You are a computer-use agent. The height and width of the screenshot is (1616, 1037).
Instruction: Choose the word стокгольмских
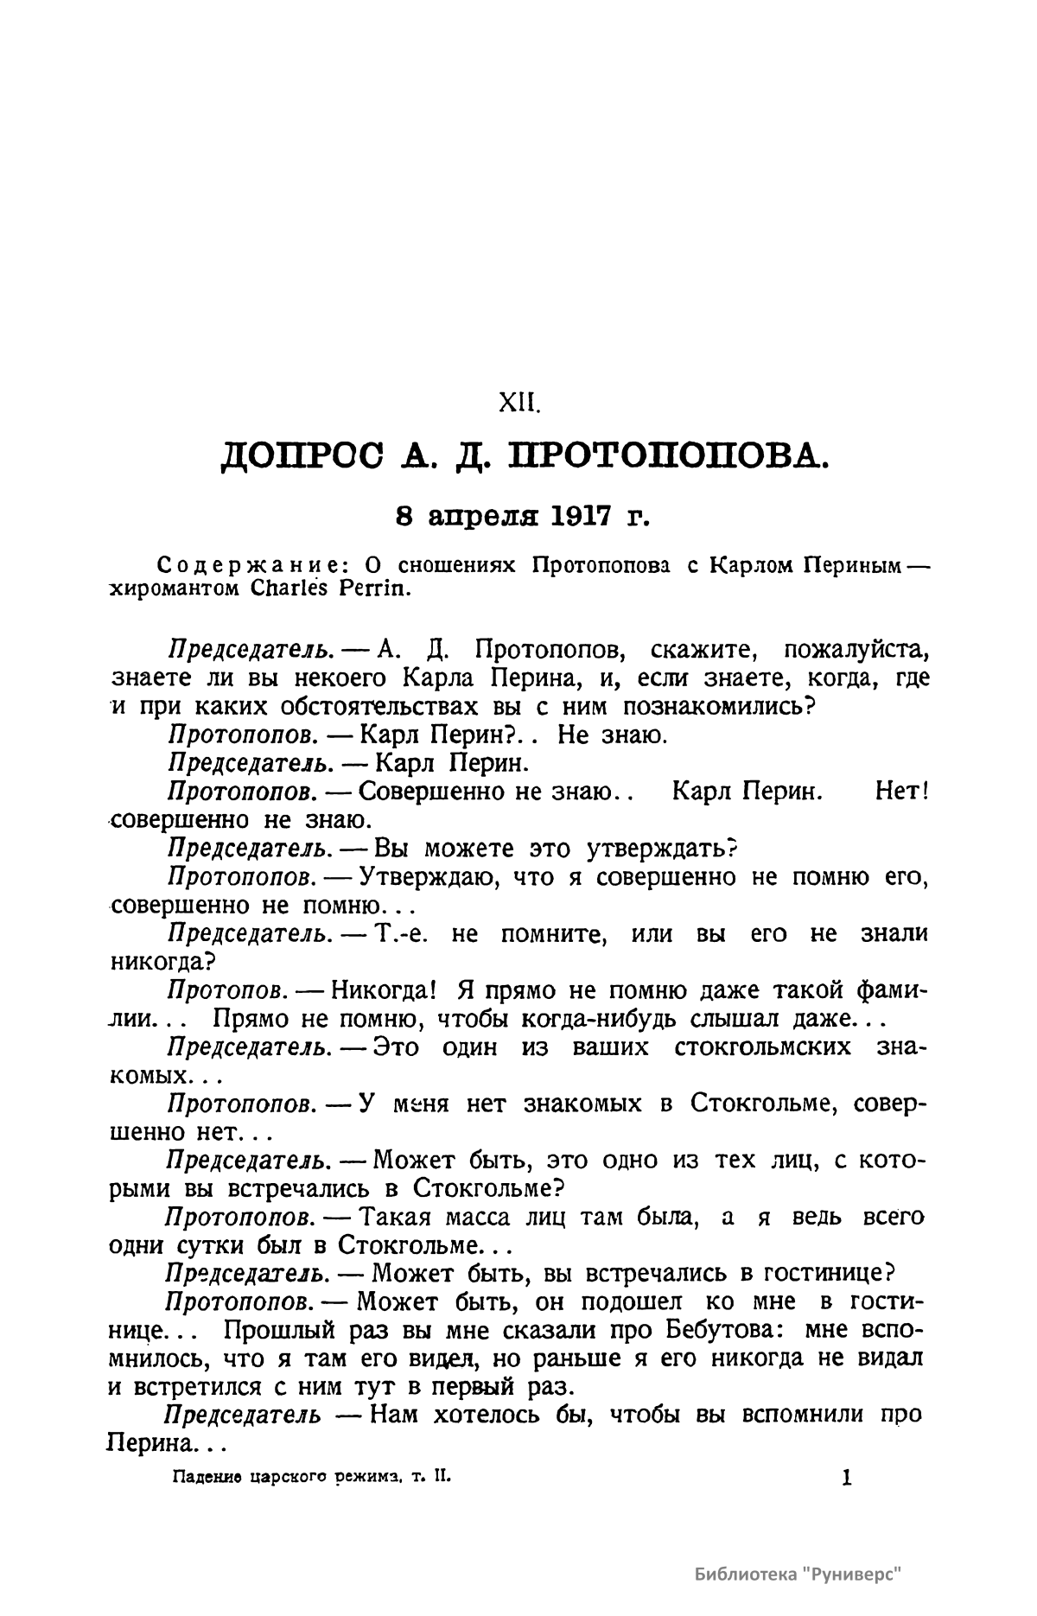(x=761, y=1047)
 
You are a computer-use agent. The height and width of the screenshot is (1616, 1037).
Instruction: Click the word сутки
(x=196, y=1246)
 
